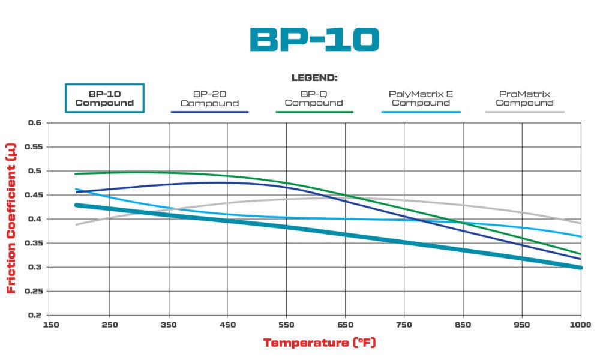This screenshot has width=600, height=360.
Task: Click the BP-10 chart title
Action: pos(314,40)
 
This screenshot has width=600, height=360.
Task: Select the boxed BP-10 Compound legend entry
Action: pos(104,98)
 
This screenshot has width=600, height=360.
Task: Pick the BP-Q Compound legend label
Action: pos(314,98)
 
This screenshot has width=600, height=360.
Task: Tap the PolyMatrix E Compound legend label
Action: pos(421,98)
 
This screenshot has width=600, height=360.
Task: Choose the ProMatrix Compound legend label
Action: pos(524,98)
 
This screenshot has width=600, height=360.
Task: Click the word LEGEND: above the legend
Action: pos(314,78)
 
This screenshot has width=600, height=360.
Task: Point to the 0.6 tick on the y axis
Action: pos(35,123)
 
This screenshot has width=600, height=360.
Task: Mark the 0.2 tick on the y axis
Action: pos(35,315)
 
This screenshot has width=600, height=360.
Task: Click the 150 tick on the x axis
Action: pos(49,325)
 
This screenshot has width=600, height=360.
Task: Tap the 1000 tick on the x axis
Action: pos(580,325)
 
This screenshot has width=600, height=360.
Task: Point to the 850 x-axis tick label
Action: pos(463,325)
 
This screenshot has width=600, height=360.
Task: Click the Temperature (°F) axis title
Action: pos(319,343)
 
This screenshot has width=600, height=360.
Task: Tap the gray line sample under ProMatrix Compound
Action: pos(524,112)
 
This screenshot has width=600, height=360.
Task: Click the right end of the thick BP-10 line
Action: pos(580,267)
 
